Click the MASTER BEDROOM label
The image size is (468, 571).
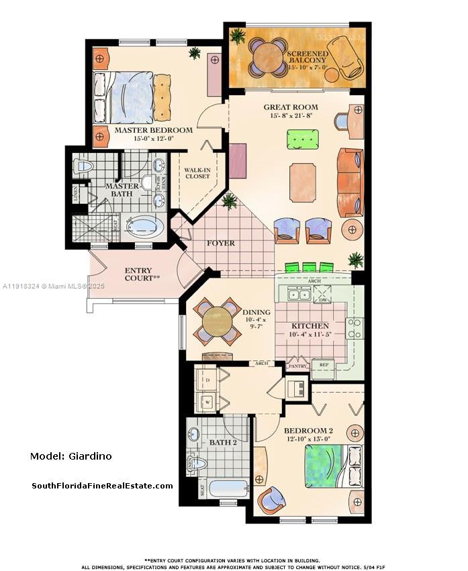[153, 130]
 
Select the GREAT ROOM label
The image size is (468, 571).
[290, 107]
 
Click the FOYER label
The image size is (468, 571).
[220, 243]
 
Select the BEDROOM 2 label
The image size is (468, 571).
[308, 430]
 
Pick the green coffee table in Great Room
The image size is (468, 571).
[302, 140]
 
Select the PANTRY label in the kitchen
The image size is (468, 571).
[297, 366]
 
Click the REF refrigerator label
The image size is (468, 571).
[323, 366]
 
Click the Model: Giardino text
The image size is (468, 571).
[71, 456]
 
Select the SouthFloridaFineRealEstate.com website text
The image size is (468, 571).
[102, 486]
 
